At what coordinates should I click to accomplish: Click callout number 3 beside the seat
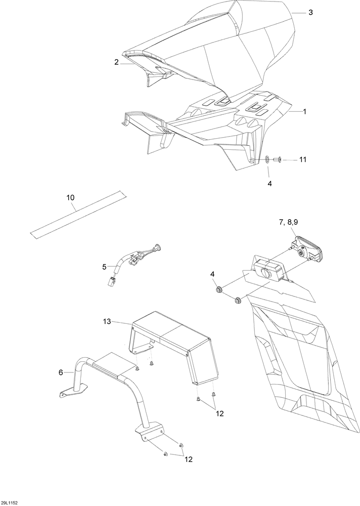click(x=310, y=13)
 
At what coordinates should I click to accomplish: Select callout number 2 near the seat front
click(x=116, y=62)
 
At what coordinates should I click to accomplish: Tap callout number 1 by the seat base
click(x=304, y=112)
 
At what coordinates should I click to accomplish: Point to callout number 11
click(x=302, y=159)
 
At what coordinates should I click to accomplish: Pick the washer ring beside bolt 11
click(x=267, y=159)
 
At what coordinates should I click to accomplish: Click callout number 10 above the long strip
click(x=70, y=197)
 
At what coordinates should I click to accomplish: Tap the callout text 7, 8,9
click(x=288, y=222)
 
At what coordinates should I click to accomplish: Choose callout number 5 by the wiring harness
click(x=104, y=267)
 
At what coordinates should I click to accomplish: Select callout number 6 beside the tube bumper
click(x=61, y=372)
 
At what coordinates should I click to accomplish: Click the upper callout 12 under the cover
click(x=219, y=413)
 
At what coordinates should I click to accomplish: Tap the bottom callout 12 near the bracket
click(x=189, y=459)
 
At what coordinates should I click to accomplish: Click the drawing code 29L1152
click(x=10, y=503)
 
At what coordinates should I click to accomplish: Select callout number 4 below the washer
click(x=269, y=184)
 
